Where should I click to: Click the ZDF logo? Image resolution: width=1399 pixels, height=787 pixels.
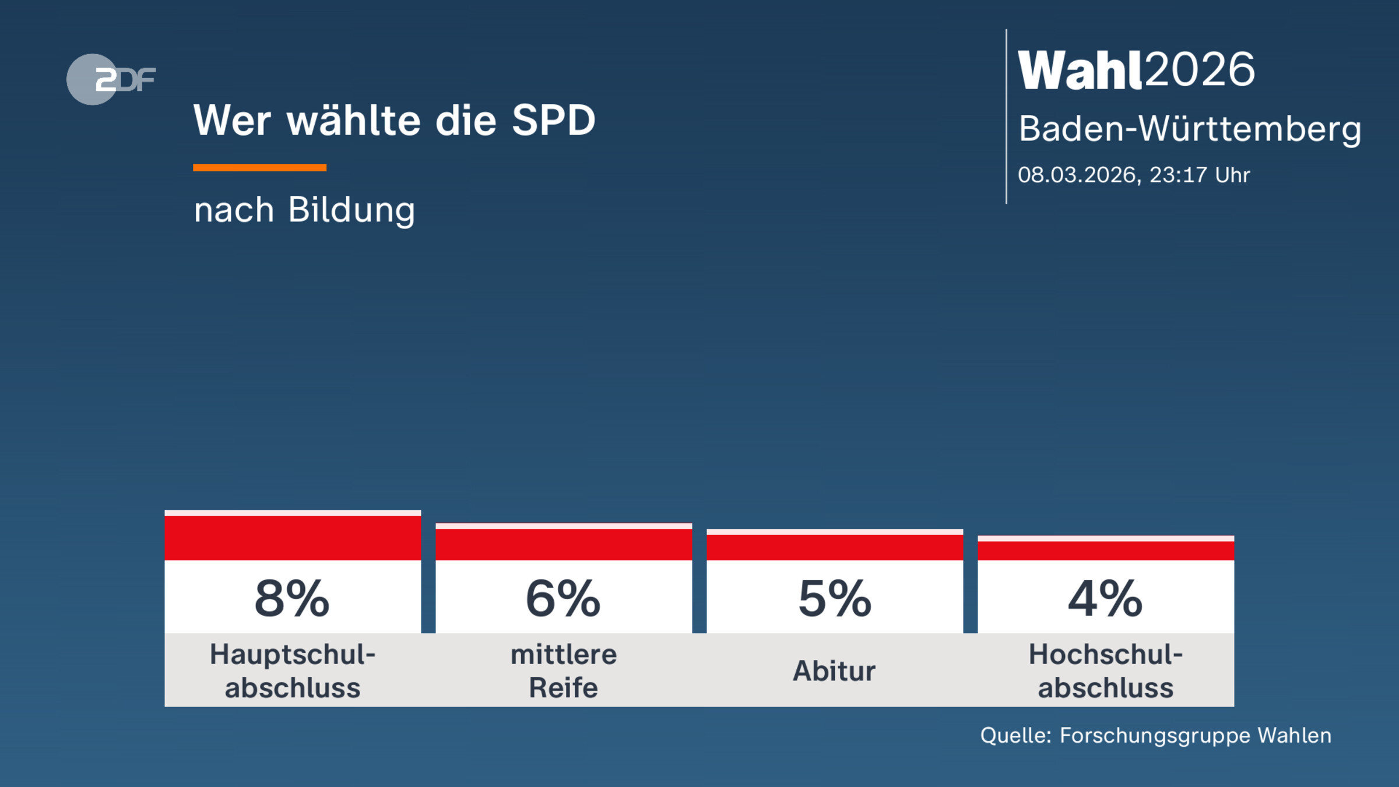point(111,79)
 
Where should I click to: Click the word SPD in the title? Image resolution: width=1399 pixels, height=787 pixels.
point(553,121)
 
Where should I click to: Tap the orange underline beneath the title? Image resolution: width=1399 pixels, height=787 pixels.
point(259,168)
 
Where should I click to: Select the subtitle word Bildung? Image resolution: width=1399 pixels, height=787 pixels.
point(351,210)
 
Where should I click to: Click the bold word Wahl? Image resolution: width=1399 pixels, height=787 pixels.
point(1079,71)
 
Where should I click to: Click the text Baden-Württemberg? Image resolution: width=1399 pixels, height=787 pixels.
point(1190,129)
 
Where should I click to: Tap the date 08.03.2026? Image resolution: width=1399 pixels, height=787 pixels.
point(1077,175)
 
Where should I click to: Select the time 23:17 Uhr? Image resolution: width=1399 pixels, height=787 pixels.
point(1200,175)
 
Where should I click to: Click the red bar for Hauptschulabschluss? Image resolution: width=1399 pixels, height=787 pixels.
point(293,537)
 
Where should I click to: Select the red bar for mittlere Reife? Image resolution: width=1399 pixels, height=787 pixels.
point(564,544)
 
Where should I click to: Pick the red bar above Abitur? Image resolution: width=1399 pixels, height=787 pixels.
point(835,547)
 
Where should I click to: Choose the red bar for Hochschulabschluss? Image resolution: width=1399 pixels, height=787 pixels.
point(1106,550)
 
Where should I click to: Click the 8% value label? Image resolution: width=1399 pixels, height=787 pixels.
point(292,599)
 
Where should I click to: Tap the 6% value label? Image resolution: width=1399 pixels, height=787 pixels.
point(563,599)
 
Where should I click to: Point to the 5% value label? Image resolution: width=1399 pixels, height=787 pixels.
point(835,599)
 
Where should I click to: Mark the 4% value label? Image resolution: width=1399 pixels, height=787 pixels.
point(1105,599)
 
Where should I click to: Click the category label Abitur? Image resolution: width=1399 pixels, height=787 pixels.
point(834,671)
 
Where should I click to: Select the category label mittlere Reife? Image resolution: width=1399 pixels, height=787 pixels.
point(564,671)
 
